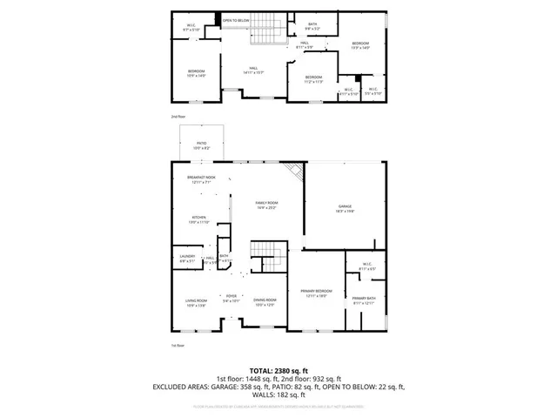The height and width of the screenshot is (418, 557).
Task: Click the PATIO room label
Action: [x=200, y=146]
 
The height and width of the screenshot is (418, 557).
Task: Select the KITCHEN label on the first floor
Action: [x=199, y=219]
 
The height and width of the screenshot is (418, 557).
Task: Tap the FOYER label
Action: [x=232, y=298]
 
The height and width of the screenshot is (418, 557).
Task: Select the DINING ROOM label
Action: [x=265, y=302]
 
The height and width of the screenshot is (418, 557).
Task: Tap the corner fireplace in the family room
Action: [x=296, y=172]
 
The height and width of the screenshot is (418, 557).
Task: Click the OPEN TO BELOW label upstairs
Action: [x=236, y=20]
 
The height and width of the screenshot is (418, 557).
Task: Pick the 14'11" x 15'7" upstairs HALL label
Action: [x=254, y=71]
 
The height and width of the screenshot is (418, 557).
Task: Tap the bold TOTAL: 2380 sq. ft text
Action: [x=278, y=370]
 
